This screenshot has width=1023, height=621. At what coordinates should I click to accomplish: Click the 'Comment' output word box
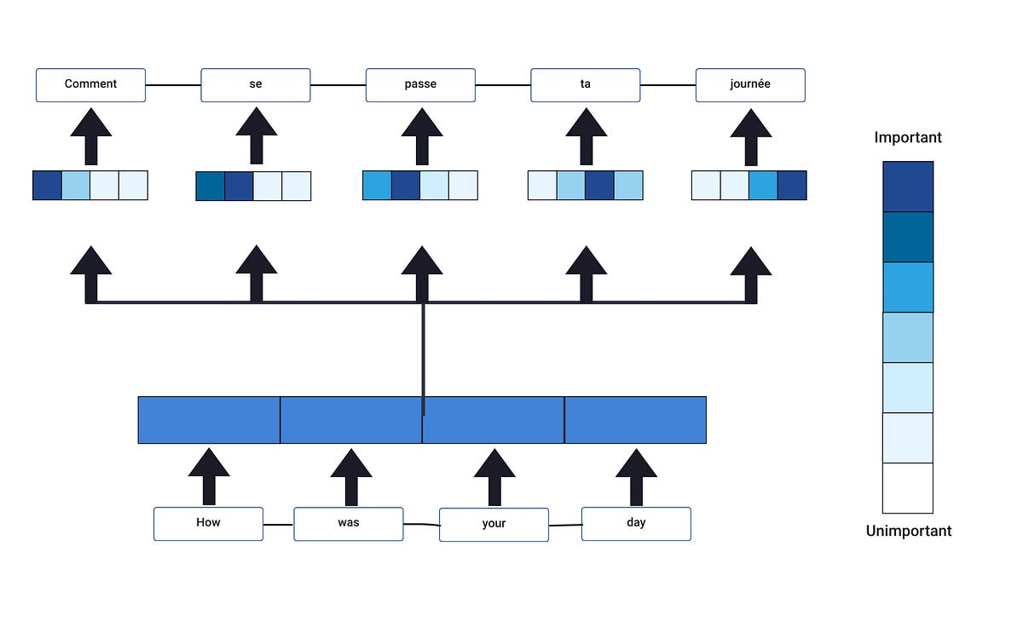[x=90, y=85]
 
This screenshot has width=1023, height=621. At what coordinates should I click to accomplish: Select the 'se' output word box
[x=256, y=85]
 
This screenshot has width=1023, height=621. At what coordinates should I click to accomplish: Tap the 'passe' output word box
[x=420, y=85]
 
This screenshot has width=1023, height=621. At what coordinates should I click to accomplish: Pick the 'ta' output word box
[x=585, y=85]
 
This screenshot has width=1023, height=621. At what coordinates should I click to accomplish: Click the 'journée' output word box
[x=750, y=85]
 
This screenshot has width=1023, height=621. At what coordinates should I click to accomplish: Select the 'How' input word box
[x=208, y=523]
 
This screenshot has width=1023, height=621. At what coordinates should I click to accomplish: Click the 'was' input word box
[x=349, y=523]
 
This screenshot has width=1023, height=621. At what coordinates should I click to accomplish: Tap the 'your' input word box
[x=494, y=524]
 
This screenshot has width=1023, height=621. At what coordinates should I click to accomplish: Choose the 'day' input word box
[x=636, y=523]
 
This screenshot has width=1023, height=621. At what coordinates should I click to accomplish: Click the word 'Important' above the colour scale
[x=908, y=137]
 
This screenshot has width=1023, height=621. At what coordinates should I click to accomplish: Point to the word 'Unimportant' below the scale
[x=908, y=531]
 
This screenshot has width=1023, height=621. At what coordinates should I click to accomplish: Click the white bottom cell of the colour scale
[x=908, y=488]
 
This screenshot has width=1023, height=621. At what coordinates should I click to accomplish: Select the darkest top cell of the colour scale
[x=908, y=187]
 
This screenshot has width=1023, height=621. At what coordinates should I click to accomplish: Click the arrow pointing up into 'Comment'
[x=91, y=136]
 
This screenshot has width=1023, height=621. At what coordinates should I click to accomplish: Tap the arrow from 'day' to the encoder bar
[x=636, y=477]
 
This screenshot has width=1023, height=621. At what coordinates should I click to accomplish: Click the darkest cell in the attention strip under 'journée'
[x=792, y=186]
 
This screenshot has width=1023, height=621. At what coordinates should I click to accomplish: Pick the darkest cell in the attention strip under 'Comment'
[x=47, y=186]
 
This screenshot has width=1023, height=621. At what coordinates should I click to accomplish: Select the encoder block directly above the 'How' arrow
[x=209, y=420]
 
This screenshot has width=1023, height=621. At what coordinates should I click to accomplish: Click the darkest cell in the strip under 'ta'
[x=599, y=186]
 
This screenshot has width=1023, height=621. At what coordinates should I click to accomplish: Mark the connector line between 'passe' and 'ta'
[x=503, y=85]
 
